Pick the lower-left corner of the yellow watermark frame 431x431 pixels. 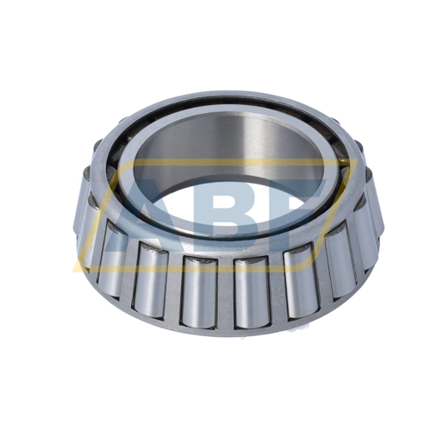(x=78, y=259)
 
